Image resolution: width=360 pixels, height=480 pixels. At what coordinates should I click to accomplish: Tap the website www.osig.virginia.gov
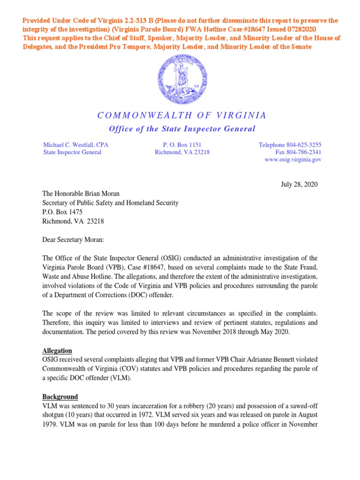(293, 159)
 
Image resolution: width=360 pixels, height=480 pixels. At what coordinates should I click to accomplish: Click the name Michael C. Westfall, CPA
(75, 145)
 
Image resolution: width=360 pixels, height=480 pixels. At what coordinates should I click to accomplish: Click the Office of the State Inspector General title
(182, 129)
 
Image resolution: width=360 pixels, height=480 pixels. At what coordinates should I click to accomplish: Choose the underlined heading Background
(60, 397)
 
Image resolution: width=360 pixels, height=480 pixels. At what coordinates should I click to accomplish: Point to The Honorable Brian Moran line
(82, 194)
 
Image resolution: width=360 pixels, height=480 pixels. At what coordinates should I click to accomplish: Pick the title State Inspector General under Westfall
(72, 152)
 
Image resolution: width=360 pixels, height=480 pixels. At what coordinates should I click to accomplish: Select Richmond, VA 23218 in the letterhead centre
(182, 152)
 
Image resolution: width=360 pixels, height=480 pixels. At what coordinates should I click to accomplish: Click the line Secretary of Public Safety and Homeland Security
(111, 203)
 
